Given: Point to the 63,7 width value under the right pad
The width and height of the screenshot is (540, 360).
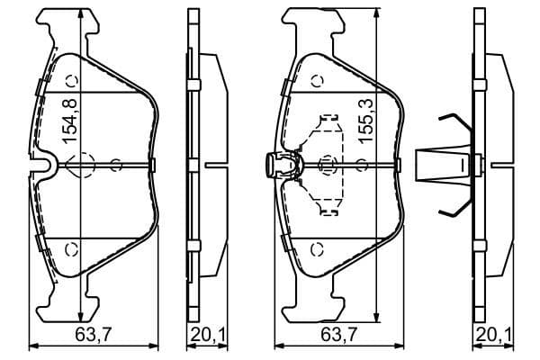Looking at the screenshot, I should coord(334,337).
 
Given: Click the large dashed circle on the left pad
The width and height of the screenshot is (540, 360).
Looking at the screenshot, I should coord(82,165).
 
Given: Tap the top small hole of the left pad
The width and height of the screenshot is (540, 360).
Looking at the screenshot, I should coord(74,79).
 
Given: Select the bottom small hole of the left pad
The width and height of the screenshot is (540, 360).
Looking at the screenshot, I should coord(74,248).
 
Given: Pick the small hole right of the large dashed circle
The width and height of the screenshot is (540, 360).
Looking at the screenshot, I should coord(116,165).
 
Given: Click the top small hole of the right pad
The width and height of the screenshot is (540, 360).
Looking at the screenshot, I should coord(317,79).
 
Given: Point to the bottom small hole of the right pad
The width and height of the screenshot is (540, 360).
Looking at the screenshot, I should coord(317,248).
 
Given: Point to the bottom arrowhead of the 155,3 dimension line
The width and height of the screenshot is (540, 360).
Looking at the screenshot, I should coord(375,318).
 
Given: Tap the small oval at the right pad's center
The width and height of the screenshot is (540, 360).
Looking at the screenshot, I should coord(327,165).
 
